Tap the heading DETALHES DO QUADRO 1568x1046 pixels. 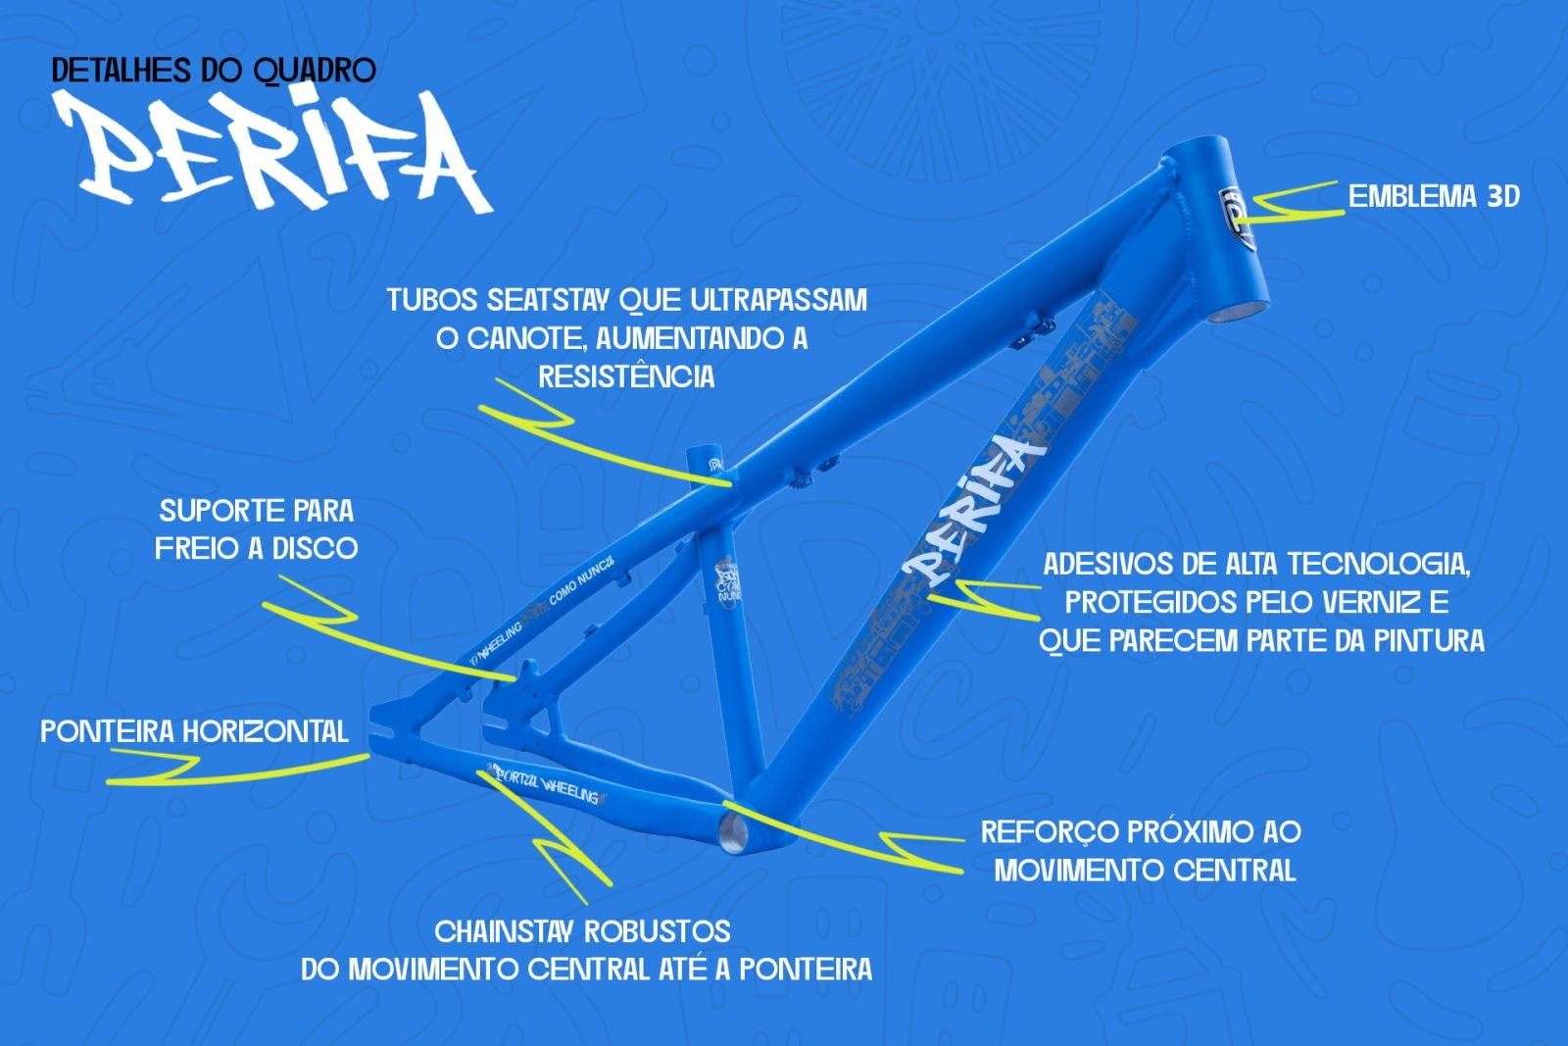[x=214, y=71]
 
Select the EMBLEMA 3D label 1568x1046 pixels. [x=1433, y=197]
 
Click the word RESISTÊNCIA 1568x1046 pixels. [x=626, y=376]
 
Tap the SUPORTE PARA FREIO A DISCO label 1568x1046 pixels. [x=257, y=529]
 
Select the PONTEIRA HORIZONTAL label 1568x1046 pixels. [x=194, y=731]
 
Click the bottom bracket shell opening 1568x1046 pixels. [x=731, y=832]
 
